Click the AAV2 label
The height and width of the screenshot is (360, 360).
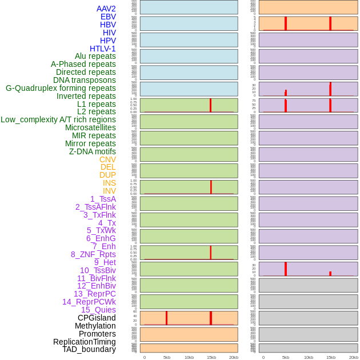(x=106, y=9)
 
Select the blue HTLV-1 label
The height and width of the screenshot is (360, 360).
(x=102, y=49)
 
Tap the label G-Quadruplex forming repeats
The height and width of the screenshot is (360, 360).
(x=61, y=88)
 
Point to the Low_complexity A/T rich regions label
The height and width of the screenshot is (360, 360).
(x=58, y=119)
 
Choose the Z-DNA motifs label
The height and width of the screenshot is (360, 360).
(x=92, y=151)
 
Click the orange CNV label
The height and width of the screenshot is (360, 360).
(x=107, y=159)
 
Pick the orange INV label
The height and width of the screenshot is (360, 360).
(x=109, y=191)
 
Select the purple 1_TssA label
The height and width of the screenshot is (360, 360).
(x=103, y=199)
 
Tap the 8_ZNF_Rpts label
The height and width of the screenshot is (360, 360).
(x=93, y=254)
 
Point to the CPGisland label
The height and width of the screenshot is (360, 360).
(x=97, y=318)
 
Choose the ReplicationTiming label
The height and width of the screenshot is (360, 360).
(x=84, y=342)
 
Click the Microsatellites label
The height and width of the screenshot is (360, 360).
(x=90, y=127)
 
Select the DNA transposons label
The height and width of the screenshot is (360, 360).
(x=85, y=80)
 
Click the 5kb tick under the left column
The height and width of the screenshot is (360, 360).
(x=167, y=357)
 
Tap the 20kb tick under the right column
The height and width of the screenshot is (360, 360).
(x=353, y=357)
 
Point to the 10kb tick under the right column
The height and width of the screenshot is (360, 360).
(x=308, y=357)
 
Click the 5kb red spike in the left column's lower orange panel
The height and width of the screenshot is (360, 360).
(x=166, y=318)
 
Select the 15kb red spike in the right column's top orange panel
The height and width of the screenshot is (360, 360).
(x=330, y=23)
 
